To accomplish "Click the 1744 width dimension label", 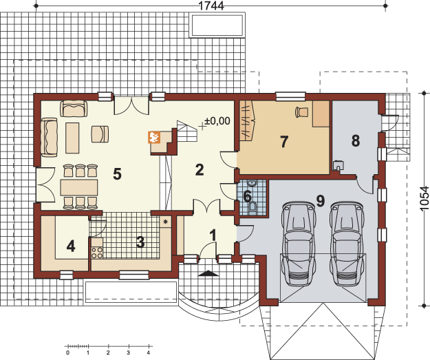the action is pos(211,6).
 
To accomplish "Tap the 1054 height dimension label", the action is pos(424,198).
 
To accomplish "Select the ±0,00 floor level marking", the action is pos(217,120).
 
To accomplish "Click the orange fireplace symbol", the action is pos(154,138).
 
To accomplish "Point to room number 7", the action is pos(284,142).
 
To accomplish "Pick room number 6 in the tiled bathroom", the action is pos(248,197).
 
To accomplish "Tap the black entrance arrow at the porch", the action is pos(208,273).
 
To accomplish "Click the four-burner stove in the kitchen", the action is pos(97,253).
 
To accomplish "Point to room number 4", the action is pos(71,246).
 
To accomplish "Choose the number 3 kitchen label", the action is pos(140,242).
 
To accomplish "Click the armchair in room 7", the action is pos(301,112).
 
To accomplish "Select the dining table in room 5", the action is pos(79,187).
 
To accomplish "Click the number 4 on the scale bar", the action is pos(149,353).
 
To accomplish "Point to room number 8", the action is pos(356,140).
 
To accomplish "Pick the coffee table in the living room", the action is pos(72,138).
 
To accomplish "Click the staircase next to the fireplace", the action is pos(187,131).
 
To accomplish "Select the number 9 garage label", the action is pos(321,200).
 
